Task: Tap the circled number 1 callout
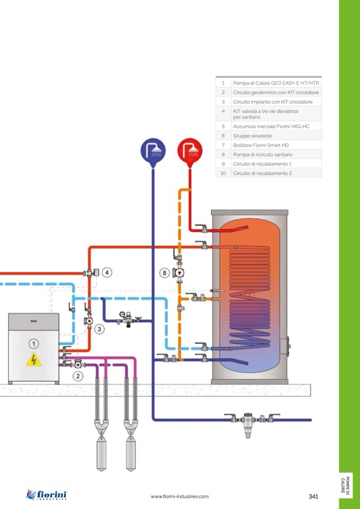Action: [33, 344]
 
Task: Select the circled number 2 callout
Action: [78, 376]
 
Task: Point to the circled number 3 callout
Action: [100, 329]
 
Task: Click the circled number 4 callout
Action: [107, 273]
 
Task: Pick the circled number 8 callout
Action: [165, 273]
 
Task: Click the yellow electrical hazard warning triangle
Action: [33, 360]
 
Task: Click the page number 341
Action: [313, 496]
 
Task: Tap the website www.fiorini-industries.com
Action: [179, 496]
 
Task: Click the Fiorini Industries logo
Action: [47, 495]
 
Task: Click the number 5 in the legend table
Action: [224, 126]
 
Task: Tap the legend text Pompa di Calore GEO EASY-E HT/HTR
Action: [276, 83]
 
